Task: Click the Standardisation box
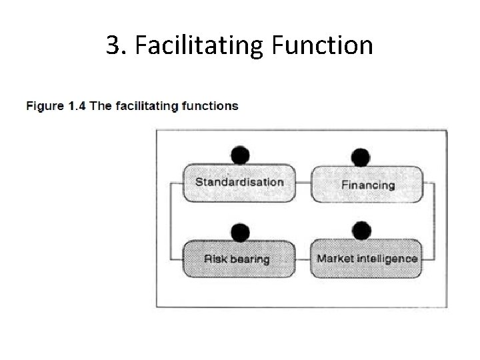click(x=239, y=183)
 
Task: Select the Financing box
click(x=367, y=185)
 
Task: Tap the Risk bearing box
click(x=239, y=259)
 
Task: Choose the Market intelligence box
click(x=367, y=259)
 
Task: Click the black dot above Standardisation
click(x=240, y=155)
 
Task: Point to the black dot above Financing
click(x=361, y=157)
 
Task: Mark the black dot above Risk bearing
click(x=240, y=232)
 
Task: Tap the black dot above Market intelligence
click(x=361, y=231)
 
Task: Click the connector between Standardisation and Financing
click(x=303, y=182)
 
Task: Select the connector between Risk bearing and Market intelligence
click(x=303, y=258)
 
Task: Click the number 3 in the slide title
click(x=112, y=46)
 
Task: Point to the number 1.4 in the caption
click(x=77, y=106)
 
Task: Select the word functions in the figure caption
click(x=209, y=106)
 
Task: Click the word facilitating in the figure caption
click(x=145, y=106)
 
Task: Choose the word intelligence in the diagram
click(x=387, y=259)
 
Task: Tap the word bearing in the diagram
click(x=250, y=259)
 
